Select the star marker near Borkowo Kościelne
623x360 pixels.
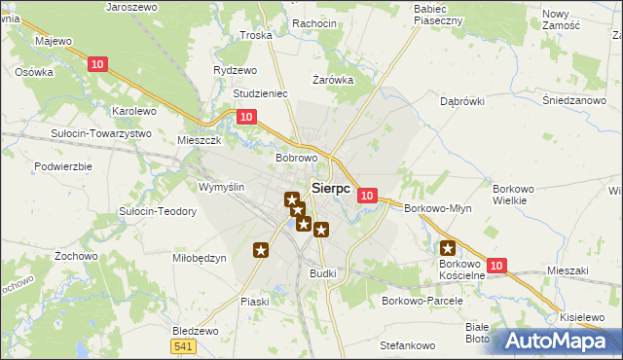tap(449, 248)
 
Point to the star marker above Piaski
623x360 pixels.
tap(261, 250)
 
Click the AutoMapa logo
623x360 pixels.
tap(556, 342)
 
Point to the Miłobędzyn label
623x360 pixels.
tap(200, 258)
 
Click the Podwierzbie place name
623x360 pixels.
tap(62, 166)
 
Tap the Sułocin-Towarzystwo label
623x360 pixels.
tap(101, 132)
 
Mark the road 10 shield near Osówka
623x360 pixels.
tap(96, 64)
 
